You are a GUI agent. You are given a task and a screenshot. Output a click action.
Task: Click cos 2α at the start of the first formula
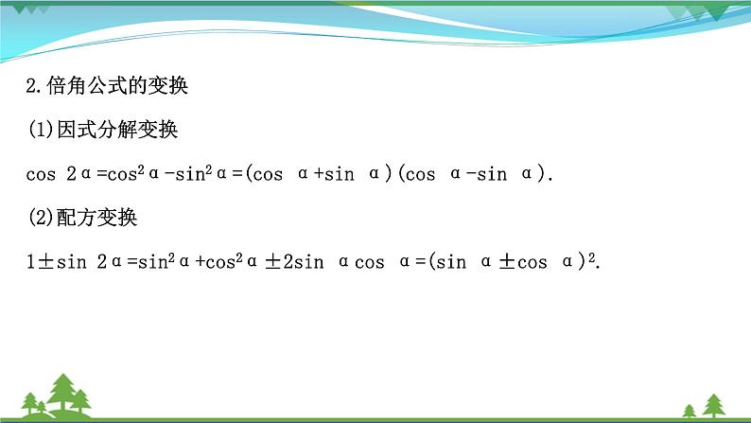coord(56,175)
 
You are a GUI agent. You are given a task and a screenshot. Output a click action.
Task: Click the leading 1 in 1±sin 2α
coord(30,262)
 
